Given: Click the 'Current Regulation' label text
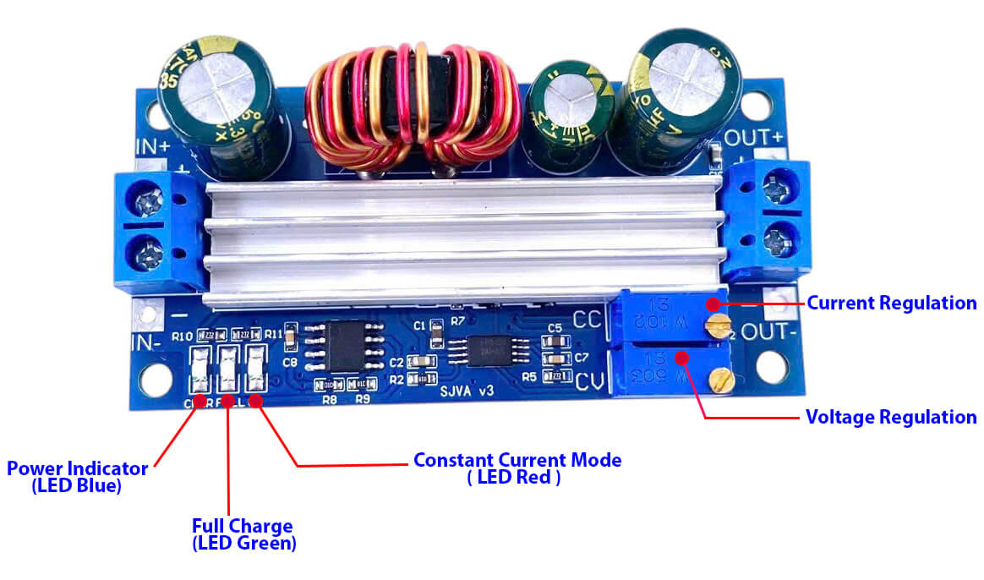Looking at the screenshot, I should (892, 303).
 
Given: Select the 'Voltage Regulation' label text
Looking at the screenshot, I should (891, 417).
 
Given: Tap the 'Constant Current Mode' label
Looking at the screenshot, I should (517, 461).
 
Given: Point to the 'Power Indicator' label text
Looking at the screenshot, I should (78, 468).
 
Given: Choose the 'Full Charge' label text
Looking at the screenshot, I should (242, 526).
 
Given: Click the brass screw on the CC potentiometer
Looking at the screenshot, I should (720, 323).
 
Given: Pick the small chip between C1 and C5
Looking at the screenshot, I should (489, 347).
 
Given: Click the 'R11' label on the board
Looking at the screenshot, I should (273, 335).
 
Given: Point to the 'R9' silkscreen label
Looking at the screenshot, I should (364, 397).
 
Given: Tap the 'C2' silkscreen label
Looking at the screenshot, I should (397, 363).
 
